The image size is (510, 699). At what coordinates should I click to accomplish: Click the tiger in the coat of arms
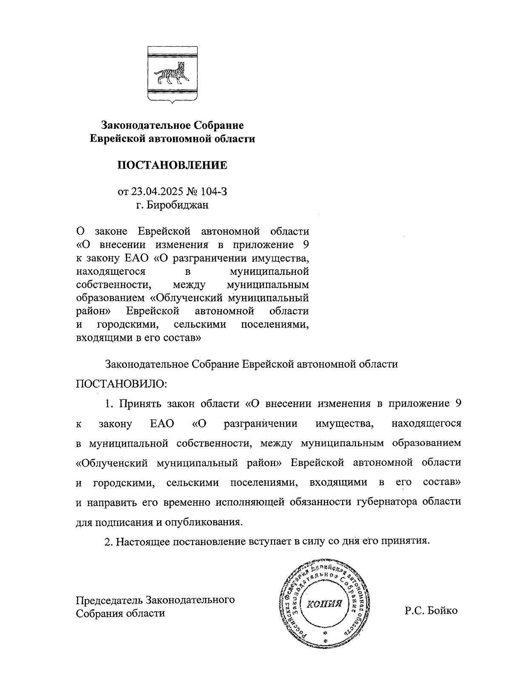pos(172,74)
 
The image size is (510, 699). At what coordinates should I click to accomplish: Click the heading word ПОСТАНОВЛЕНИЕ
pos(172,165)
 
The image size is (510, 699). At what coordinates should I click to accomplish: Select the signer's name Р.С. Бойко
pos(431,611)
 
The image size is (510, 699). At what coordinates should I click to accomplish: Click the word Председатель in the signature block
pos(109,600)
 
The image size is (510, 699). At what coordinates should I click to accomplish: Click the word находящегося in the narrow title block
pos(110,271)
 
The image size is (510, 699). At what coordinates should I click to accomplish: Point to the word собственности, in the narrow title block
pos(112,284)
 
